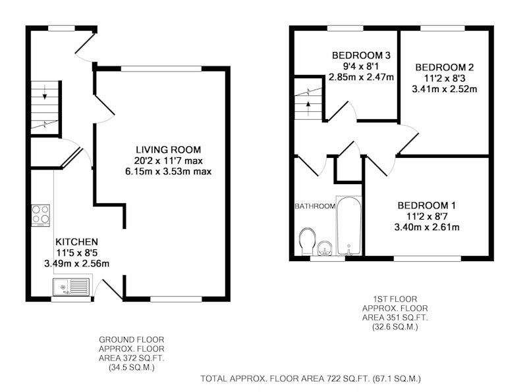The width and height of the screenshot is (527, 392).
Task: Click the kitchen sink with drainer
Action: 71,287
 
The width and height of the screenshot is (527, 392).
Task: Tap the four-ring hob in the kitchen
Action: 41,215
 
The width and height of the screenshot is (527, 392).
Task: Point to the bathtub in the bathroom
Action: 349,226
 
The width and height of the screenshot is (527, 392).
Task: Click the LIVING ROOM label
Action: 169,150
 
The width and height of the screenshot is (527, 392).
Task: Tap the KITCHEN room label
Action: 76,242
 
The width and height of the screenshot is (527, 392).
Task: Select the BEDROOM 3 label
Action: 361,55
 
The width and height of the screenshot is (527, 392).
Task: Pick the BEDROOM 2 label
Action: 444,68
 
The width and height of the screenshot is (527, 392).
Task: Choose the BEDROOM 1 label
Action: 426,205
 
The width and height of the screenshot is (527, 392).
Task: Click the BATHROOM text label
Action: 315,206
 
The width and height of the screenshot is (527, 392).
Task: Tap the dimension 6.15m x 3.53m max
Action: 169,172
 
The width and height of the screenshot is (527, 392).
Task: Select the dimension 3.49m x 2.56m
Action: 76,264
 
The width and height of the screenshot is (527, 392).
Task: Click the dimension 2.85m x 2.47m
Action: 361,77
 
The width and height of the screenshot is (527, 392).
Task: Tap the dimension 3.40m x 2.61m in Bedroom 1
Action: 427,227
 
